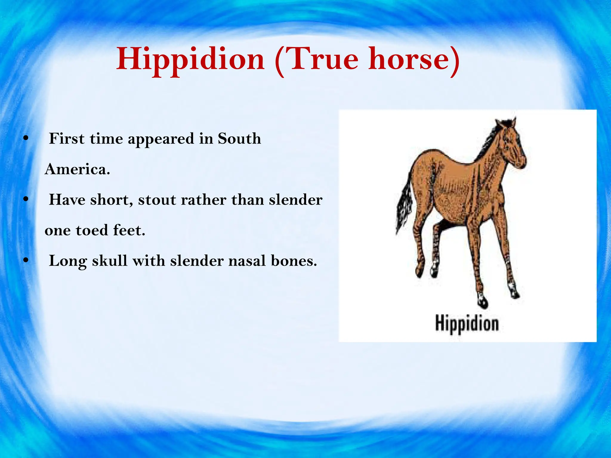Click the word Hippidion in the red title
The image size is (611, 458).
pyautogui.click(x=190, y=60)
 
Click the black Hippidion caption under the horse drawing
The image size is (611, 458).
pyautogui.click(x=467, y=324)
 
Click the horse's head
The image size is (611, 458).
pyautogui.click(x=513, y=146)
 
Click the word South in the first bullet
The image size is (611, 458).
pyautogui.click(x=239, y=139)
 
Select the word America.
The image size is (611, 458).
pyautogui.click(x=77, y=169)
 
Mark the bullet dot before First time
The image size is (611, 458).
pyautogui.click(x=26, y=138)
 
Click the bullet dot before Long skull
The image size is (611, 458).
pyautogui.click(x=26, y=261)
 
